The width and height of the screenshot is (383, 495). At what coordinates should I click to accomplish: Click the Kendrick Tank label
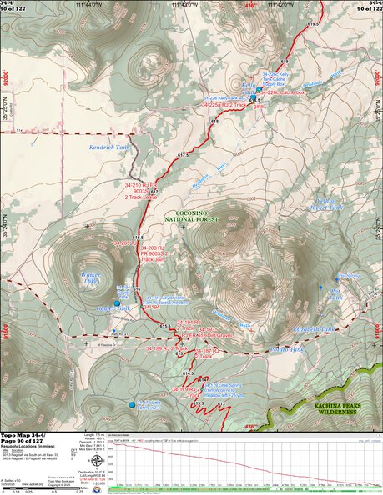pyautogui.click(x=107, y=147)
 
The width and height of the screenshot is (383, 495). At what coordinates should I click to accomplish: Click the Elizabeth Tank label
pyautogui.click(x=313, y=329)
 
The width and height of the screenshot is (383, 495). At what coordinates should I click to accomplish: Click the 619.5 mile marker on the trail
pyautogui.click(x=313, y=24)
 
